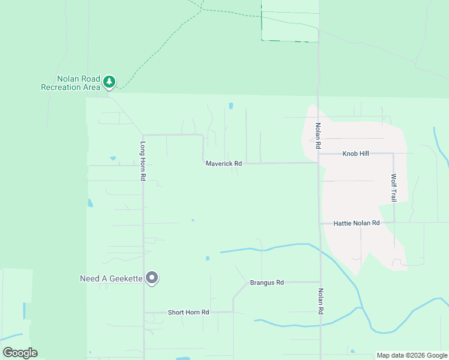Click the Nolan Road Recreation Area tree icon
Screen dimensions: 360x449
click(x=109, y=81)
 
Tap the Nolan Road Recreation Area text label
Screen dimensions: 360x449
click(x=70, y=83)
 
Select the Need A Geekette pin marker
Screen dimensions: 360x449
click(x=152, y=278)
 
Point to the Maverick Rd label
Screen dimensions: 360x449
click(x=223, y=163)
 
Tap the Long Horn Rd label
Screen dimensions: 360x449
click(x=143, y=161)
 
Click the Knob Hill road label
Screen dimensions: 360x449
click(x=355, y=154)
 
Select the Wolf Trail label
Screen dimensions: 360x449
click(x=394, y=188)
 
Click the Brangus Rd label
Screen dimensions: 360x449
click(x=267, y=282)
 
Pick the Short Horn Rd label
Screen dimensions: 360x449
click(x=188, y=312)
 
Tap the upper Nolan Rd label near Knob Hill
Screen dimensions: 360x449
click(x=319, y=136)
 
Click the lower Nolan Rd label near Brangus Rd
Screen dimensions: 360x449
click(x=321, y=301)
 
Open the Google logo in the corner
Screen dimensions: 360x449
click(x=20, y=353)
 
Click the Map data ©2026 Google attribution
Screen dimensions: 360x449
click(x=412, y=355)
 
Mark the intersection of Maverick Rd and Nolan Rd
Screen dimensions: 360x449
click(x=318, y=163)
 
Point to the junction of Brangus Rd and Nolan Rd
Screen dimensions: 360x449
click(x=320, y=281)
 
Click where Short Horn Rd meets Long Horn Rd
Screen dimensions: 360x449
click(x=143, y=312)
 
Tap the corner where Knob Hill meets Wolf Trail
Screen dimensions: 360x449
click(x=393, y=154)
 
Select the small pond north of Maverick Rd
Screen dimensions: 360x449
click(x=231, y=107)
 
